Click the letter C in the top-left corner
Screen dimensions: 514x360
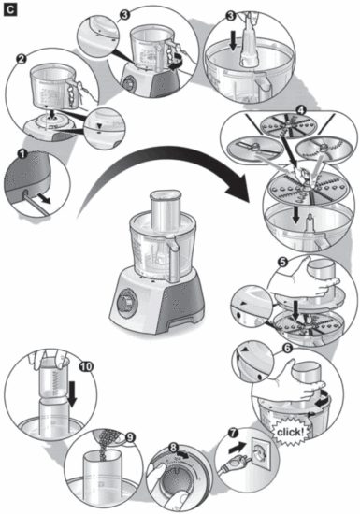pyautogui.click(x=11, y=9)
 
